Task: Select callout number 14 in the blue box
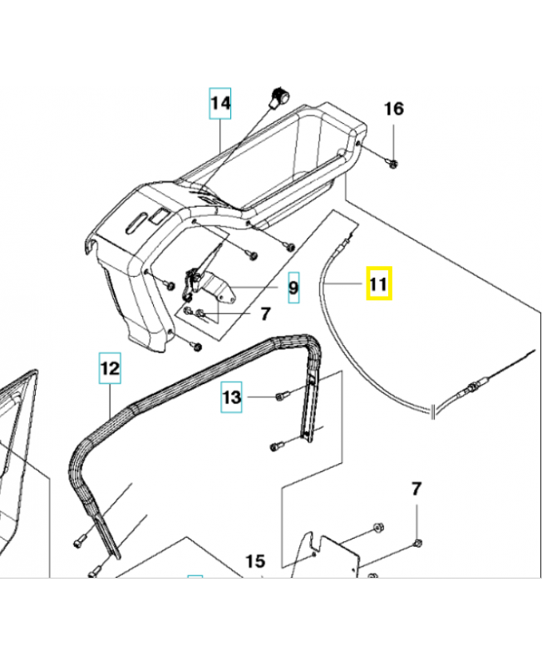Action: [x=219, y=104]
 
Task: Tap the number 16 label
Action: [x=393, y=109]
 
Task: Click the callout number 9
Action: [x=292, y=288]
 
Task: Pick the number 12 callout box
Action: [x=111, y=366]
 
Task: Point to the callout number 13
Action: [x=232, y=398]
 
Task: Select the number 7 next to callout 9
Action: [x=266, y=314]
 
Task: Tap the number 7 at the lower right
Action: [x=416, y=488]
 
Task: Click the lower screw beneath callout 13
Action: [x=275, y=447]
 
